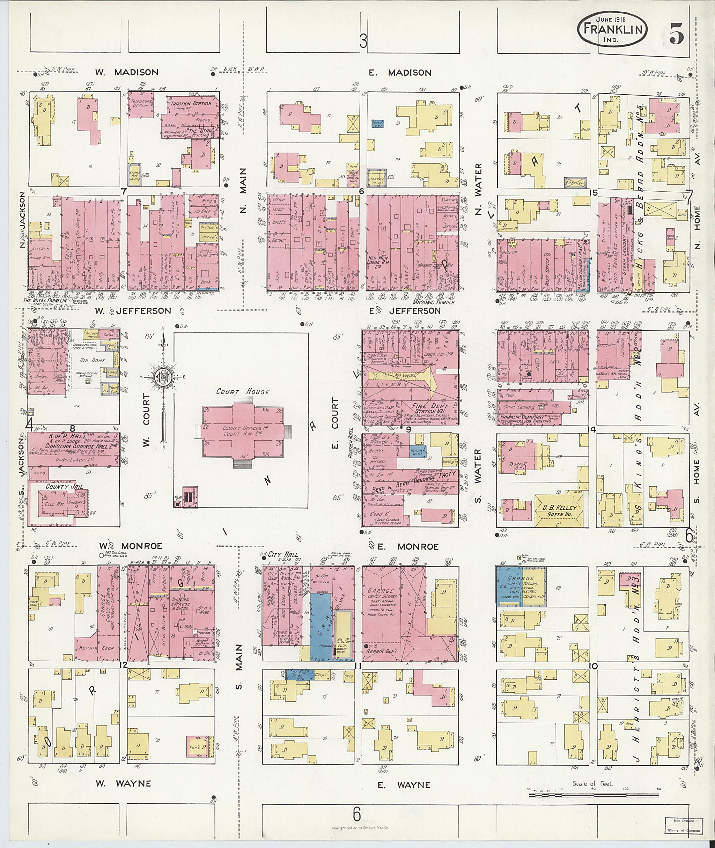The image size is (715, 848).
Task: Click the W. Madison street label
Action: point(126,73)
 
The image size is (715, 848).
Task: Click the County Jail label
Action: point(61,486)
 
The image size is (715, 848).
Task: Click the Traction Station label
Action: point(190,104)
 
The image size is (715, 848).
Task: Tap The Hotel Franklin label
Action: point(45,300)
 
